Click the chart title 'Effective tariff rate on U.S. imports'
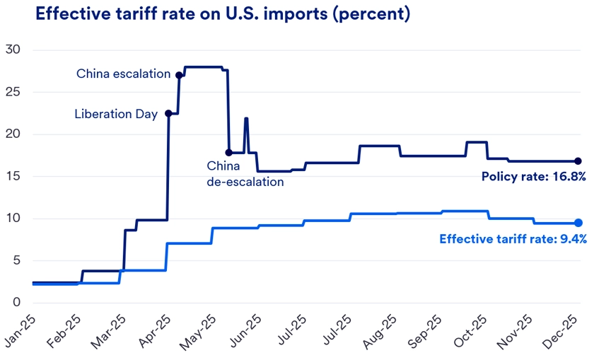[x=222, y=15]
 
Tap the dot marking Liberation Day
[x=168, y=113]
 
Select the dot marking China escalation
[x=179, y=74]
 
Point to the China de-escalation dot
[x=228, y=152]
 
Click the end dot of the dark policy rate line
[x=578, y=161]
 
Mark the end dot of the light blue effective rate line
[x=578, y=223]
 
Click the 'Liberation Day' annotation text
[x=116, y=114]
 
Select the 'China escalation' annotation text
[x=123, y=74]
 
